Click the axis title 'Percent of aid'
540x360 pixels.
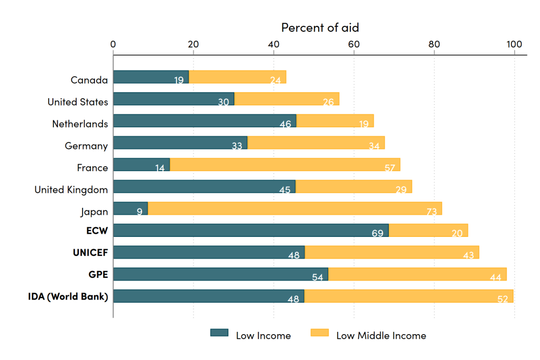[x=320, y=27]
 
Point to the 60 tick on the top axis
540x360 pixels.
[x=354, y=44]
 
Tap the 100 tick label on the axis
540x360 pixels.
[x=514, y=44]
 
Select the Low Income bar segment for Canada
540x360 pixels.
[x=151, y=77]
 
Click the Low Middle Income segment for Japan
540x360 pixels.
[x=294, y=208]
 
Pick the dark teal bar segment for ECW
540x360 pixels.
[x=251, y=230]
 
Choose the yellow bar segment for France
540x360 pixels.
[x=285, y=165]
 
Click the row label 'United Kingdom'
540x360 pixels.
[x=71, y=189]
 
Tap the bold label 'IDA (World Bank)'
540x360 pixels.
[x=68, y=296]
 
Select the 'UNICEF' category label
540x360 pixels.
[x=90, y=253]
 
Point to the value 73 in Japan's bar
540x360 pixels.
[x=431, y=212]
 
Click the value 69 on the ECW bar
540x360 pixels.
[x=377, y=233]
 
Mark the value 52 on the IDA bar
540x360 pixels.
[x=502, y=299]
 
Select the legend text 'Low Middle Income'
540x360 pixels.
[x=381, y=336]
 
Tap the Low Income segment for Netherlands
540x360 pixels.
[x=205, y=120]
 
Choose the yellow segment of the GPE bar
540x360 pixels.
[x=417, y=274]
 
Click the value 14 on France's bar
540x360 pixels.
[x=160, y=168]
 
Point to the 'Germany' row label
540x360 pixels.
[x=86, y=146]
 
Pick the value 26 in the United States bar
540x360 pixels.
[x=328, y=102]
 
